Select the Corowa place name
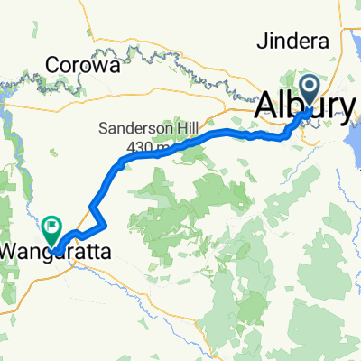(77, 66)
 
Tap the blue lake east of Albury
(348, 126)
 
